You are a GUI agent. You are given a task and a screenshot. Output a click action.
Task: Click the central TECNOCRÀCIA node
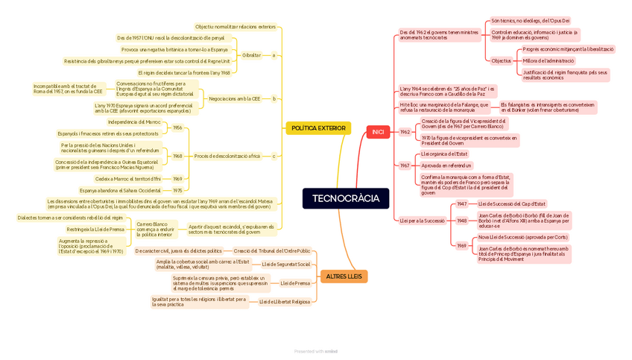[345, 198]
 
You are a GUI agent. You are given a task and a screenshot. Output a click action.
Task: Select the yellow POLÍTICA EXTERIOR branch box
[318, 128]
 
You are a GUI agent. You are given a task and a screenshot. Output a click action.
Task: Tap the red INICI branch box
[378, 132]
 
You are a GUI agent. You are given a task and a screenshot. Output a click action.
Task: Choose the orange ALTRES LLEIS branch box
[344, 277]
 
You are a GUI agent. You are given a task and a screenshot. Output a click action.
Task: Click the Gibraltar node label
[251, 55]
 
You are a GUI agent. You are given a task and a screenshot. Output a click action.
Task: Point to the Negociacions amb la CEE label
[235, 98]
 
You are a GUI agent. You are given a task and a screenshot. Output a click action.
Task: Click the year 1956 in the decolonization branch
[177, 127]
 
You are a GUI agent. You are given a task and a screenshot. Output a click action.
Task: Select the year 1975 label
[177, 190]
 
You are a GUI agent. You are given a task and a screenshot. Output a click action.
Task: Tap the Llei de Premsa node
[295, 283]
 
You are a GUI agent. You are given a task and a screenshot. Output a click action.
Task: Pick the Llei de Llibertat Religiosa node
[284, 302]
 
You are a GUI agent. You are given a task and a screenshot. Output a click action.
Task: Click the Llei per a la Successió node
[422, 221]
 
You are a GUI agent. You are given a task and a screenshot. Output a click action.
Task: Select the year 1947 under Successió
[461, 203]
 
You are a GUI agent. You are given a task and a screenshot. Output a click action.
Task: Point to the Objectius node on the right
[502, 60]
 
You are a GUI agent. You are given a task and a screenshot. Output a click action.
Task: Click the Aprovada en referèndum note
[446, 165]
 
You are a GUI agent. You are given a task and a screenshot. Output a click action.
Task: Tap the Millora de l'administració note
[549, 60]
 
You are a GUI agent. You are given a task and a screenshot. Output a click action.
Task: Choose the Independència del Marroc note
[134, 121]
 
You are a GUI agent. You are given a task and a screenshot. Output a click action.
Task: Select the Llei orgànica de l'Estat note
[444, 154]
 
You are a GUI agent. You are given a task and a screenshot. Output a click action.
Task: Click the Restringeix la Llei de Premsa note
[95, 230]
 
